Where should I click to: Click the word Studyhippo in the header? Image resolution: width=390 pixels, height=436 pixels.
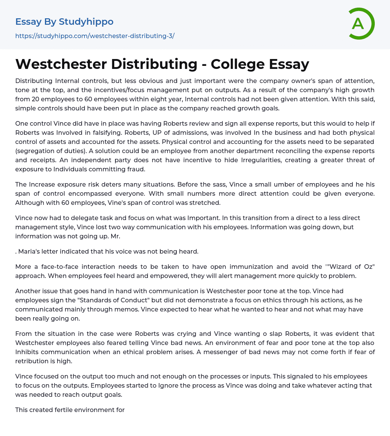point(86,22)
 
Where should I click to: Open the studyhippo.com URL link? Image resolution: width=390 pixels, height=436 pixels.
point(95,36)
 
